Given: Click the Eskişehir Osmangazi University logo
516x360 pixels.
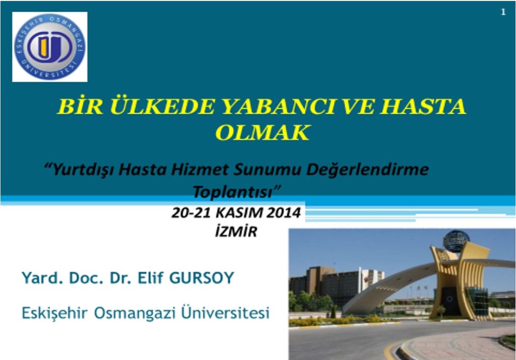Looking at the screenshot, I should [x=49, y=47].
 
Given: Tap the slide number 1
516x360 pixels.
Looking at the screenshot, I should [x=503, y=13].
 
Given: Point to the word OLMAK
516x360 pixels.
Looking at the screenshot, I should [x=262, y=133].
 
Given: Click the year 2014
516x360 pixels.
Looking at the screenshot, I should [x=283, y=213].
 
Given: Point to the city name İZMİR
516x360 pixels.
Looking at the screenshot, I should [x=236, y=232].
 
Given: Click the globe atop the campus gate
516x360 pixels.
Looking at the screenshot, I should [x=456, y=240].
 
